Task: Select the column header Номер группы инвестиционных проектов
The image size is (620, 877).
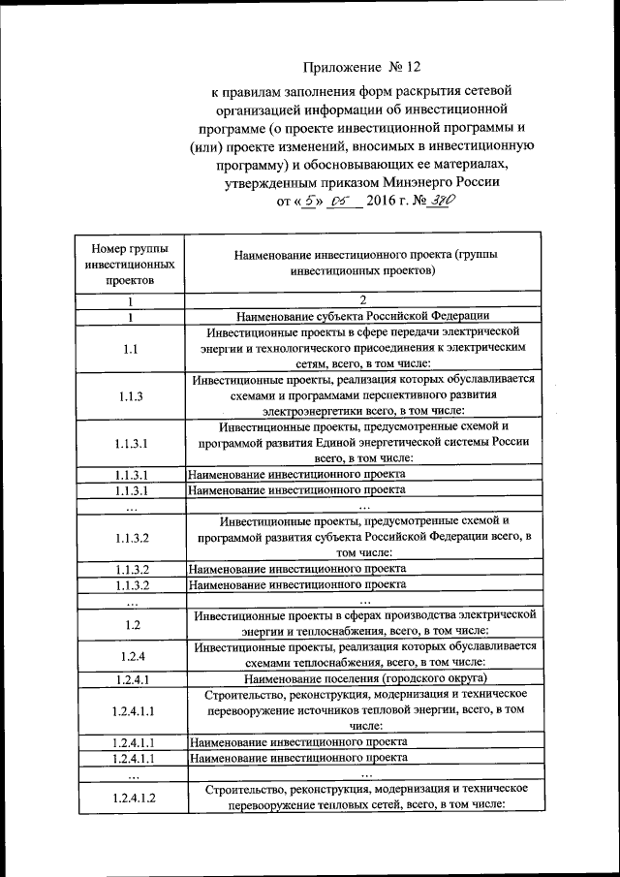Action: [x=130, y=264]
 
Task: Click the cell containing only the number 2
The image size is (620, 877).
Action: [x=362, y=300]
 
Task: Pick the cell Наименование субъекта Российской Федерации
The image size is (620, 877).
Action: [x=362, y=315]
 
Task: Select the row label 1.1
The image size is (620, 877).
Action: [x=130, y=349]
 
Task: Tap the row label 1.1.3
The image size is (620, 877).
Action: [x=130, y=396]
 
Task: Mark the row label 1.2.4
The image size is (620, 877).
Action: [x=130, y=654]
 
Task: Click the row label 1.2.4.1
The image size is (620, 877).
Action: [x=130, y=678]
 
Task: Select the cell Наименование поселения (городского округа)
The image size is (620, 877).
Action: [x=362, y=678]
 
